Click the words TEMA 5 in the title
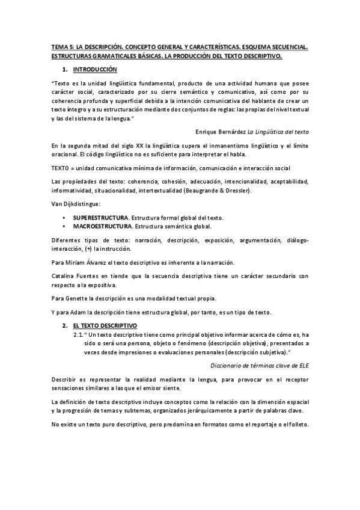pos(61,46)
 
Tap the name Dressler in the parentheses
pos(237,191)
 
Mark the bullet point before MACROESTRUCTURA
pos(64,226)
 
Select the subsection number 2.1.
pos(78,334)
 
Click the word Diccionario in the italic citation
pos(227,365)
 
